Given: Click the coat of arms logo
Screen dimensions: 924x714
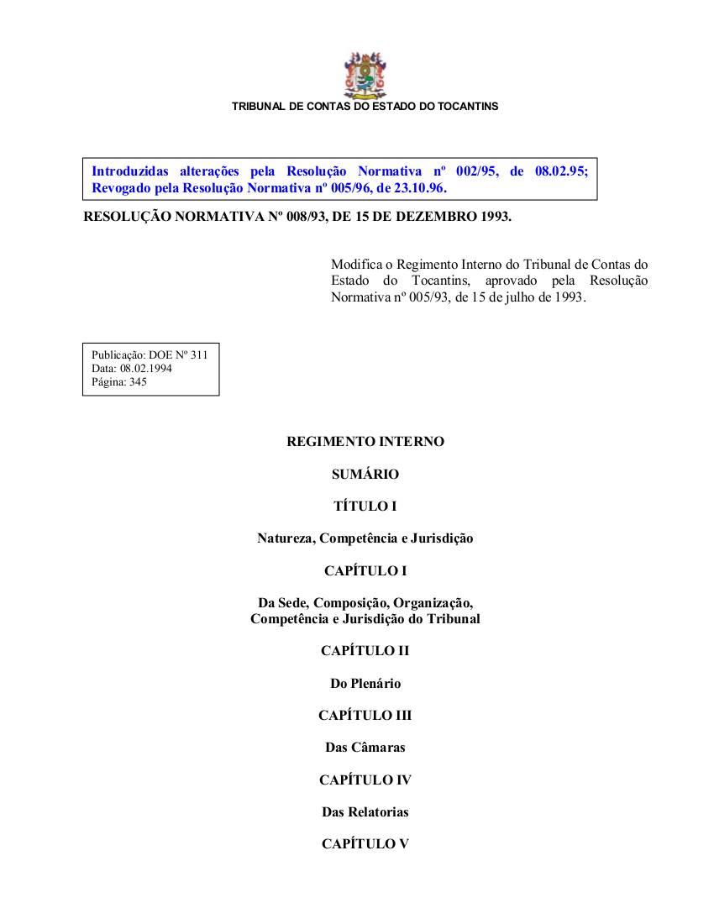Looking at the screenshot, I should (365, 76).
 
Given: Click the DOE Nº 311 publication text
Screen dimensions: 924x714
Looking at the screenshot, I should (178, 355).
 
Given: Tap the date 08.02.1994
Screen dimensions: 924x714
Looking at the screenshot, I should (146, 368).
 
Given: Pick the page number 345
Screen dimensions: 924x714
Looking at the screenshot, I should (139, 381).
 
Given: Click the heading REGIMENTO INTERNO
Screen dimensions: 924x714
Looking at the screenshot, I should (365, 442).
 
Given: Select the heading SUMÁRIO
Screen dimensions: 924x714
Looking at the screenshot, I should (365, 475).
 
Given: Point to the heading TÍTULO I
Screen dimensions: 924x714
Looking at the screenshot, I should (365, 507).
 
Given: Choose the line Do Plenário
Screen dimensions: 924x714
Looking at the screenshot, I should (365, 684).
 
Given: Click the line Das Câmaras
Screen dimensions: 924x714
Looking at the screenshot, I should (365, 748).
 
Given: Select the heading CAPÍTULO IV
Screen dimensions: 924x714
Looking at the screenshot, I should (365, 780).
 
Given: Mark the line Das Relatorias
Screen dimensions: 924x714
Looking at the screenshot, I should (365, 812).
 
